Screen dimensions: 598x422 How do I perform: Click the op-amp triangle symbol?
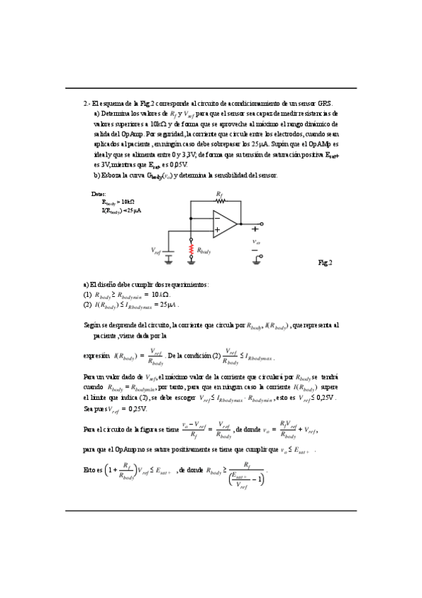pos(225,224)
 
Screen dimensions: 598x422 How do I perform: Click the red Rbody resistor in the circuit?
pos(192,250)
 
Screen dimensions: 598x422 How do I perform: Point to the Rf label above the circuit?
pos(219,192)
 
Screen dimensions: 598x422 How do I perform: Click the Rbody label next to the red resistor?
pos(204,250)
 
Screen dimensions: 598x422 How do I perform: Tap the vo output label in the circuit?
pos(256,242)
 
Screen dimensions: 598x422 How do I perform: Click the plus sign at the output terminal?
pos(255,228)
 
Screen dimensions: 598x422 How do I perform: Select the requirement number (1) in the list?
pos(87,294)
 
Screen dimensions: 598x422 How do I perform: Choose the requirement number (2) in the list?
pos(87,305)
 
